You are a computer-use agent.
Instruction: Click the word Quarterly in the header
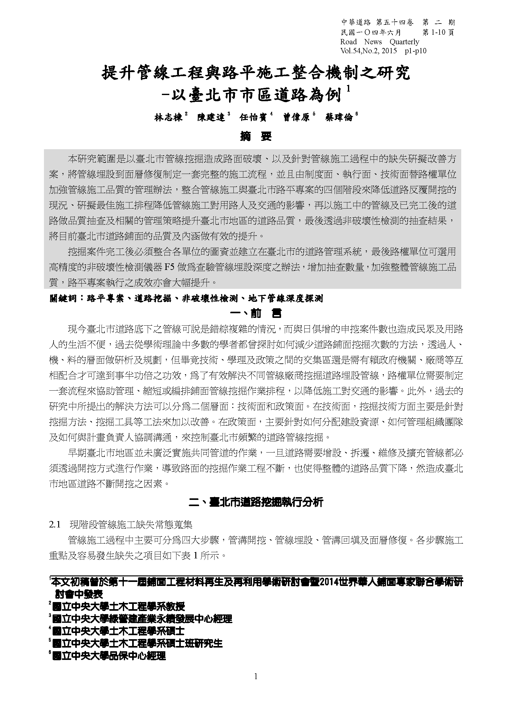coord(404,42)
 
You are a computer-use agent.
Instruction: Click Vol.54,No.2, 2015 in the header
coord(369,51)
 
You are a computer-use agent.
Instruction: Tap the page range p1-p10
coord(415,51)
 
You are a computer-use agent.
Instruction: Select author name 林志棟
coord(168,118)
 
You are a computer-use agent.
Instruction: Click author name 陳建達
coord(211,118)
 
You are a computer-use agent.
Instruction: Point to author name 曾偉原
coord(296,118)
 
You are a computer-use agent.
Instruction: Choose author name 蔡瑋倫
coord(339,118)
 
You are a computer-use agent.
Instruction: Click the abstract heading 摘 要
coord(256,136)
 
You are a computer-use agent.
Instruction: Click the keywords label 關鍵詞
coord(63,298)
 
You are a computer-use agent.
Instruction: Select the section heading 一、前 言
coord(256,314)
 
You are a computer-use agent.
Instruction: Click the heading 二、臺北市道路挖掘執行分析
coord(256,502)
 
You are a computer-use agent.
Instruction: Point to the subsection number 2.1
coord(54,525)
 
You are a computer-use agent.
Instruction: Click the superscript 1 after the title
coord(348,89)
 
